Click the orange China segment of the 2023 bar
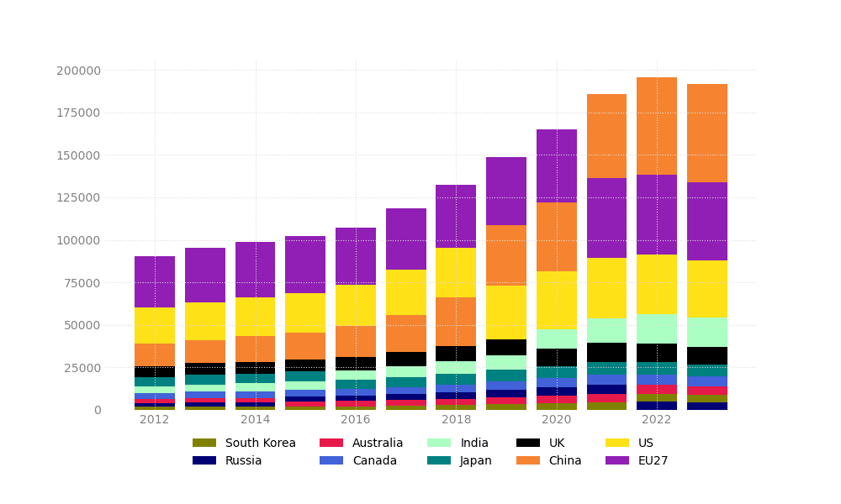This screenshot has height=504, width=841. click(x=706, y=133)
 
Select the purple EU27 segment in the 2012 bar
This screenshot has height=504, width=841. click(x=155, y=281)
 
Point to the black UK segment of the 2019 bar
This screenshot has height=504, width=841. click(x=505, y=347)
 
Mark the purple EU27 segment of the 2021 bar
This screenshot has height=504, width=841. click(x=606, y=218)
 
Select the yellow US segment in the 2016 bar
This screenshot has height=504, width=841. click(x=356, y=305)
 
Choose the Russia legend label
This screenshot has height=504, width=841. click(x=243, y=460)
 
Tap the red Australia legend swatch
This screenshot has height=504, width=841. click(x=331, y=443)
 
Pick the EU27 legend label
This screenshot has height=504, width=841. click(x=652, y=460)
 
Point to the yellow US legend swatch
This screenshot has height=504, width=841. click(x=617, y=443)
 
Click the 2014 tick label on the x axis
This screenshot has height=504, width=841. click(x=255, y=420)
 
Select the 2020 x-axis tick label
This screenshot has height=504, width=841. click(x=556, y=420)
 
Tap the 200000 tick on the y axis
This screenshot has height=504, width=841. click(x=78, y=71)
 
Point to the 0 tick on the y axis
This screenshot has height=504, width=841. click(x=98, y=410)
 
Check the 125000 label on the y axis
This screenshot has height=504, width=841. click(x=78, y=198)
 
